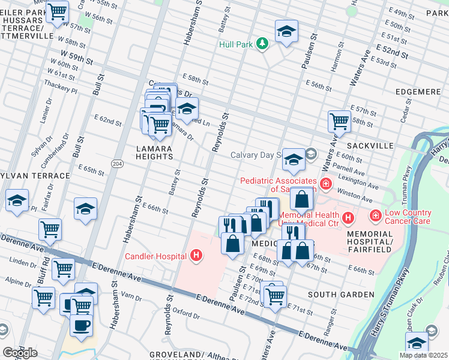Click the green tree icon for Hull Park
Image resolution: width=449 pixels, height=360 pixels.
tap(262, 43)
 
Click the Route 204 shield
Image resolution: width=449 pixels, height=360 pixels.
tap(118, 163)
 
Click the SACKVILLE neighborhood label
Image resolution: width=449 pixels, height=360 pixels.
tap(370, 146)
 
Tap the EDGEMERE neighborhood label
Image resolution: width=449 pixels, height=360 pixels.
tap(419, 91)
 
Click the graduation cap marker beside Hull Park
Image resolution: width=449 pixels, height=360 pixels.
tap(287, 31)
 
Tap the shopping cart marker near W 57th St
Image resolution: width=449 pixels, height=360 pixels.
tap(58, 12)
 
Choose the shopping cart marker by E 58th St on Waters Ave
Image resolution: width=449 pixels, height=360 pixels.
tap(339, 121)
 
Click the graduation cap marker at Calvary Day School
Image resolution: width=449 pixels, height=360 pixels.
tap(294, 160)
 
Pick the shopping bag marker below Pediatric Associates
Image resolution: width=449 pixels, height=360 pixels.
tap(303, 199)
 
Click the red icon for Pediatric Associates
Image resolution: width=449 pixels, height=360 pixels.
tap(325, 184)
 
